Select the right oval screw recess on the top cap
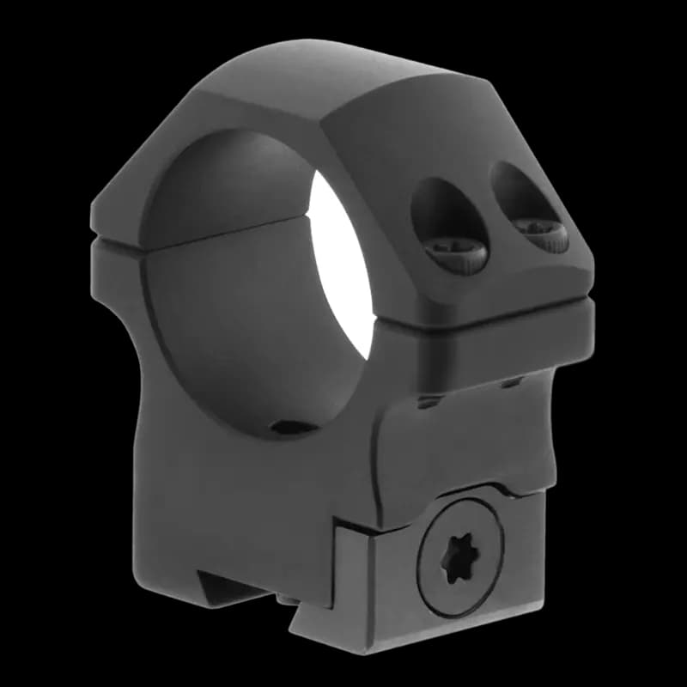(x=527, y=206)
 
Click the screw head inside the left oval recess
(x=456, y=252)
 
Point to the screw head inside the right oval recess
(x=540, y=234)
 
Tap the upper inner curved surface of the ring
(x=232, y=185)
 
